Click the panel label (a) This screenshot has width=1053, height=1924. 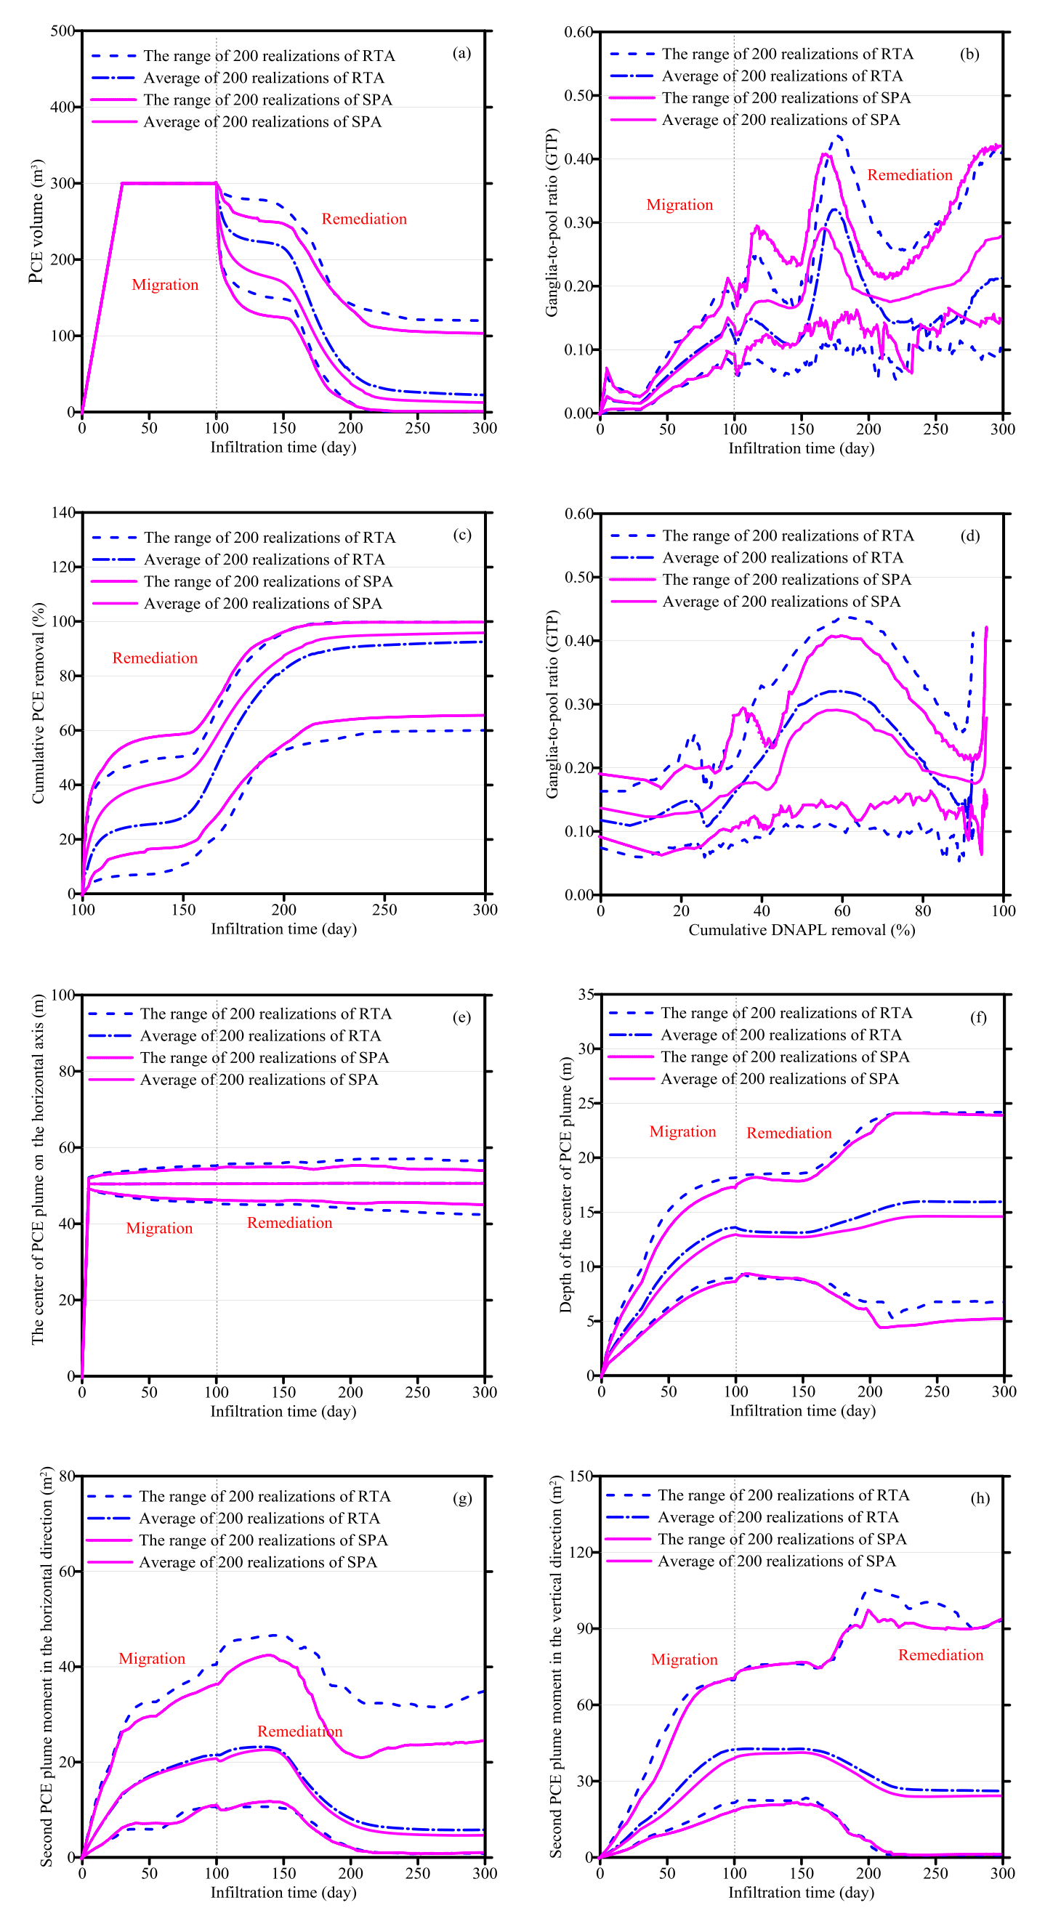pos(461,53)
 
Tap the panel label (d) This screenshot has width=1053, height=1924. pos(969,535)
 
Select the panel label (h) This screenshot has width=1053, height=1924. pos(980,1498)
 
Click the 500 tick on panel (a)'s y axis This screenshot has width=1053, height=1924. pos(62,31)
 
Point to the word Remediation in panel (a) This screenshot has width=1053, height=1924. pos(363,219)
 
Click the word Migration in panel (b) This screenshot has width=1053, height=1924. pos(679,205)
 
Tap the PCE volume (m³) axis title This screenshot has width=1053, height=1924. pos(36,221)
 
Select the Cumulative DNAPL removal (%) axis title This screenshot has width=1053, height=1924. pos(802,930)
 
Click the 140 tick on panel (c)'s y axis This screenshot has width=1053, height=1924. pos(63,513)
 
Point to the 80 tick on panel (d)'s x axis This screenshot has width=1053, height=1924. pos(923,910)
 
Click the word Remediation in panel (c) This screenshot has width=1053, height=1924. pos(155,658)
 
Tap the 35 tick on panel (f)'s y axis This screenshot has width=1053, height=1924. pos(586,995)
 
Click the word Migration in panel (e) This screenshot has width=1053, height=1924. pos(159,1229)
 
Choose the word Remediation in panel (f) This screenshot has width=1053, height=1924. pos(788,1133)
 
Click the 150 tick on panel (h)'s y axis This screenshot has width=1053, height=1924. pos(580,1476)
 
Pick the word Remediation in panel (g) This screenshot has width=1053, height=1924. pos(299,1731)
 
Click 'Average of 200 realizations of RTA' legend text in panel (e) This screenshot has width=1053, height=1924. pos(261,1036)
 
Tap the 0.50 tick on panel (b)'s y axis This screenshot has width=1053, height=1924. pos(579,96)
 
